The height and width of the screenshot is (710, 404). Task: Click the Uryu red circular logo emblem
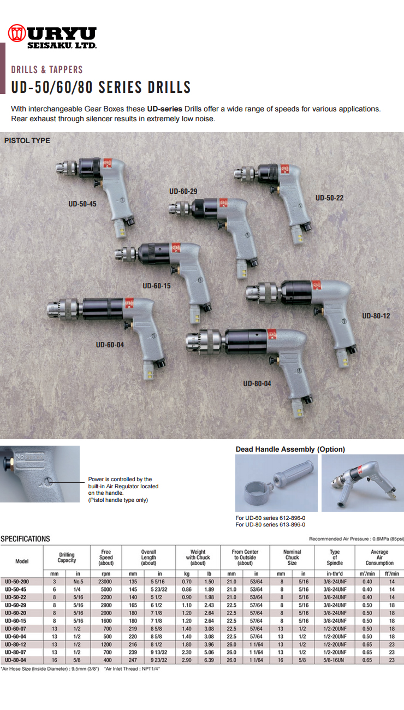pos(17,33)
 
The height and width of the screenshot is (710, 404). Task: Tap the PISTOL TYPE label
pos(27,140)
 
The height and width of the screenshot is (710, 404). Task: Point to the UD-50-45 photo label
pos(82,204)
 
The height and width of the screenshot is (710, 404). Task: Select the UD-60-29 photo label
pos(183,191)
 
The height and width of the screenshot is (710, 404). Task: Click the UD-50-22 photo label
pos(329,197)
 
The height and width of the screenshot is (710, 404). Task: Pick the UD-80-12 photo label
pos(376,316)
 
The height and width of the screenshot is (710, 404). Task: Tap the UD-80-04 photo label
pos(257,383)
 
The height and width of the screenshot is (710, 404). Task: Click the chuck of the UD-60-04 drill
pos(64,309)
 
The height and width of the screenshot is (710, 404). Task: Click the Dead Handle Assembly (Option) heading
pos(290,449)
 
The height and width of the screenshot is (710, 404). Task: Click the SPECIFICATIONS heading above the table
pos(25,539)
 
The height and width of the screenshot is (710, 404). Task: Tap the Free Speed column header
pos(106,557)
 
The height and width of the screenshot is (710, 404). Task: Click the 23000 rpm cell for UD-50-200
pos(106,583)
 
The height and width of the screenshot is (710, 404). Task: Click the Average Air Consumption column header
pos(379,557)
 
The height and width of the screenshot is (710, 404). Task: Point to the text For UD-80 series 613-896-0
pos(270,524)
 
